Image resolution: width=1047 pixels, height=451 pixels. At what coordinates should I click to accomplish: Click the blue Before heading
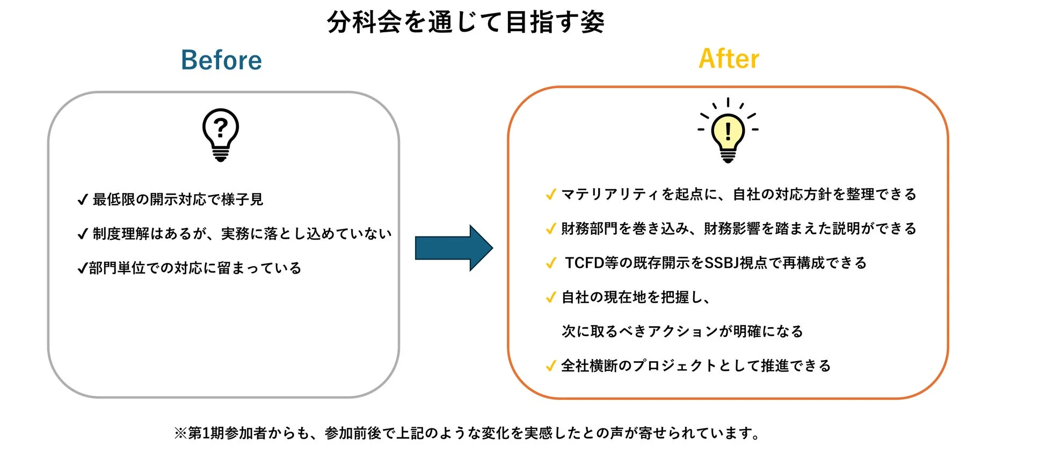click(x=221, y=60)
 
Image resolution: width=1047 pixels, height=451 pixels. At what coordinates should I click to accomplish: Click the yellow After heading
click(x=729, y=59)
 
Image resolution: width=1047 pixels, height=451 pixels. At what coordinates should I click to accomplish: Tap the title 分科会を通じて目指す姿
click(x=466, y=23)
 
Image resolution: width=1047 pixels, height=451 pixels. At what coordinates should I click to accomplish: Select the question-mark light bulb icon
click(x=220, y=134)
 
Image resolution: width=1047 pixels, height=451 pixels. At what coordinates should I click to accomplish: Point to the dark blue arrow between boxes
click(x=454, y=248)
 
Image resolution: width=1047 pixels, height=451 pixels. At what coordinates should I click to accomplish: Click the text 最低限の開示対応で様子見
click(x=178, y=199)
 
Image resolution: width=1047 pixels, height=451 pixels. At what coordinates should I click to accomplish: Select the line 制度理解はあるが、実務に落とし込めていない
click(x=242, y=234)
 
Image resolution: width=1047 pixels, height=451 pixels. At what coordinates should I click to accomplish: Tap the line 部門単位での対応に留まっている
click(x=195, y=268)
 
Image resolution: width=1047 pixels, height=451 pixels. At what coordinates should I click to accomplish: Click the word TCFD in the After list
click(x=584, y=263)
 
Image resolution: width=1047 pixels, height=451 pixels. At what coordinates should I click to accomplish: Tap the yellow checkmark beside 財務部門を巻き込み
click(x=550, y=229)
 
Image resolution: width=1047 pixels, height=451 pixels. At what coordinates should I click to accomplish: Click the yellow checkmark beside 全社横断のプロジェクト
click(x=550, y=366)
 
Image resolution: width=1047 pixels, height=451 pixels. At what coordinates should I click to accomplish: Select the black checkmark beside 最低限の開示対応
click(x=82, y=200)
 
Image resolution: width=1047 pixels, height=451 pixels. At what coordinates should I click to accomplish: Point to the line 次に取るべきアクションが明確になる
click(x=682, y=331)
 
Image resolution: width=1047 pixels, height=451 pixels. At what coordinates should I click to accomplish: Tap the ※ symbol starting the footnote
click(x=180, y=433)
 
